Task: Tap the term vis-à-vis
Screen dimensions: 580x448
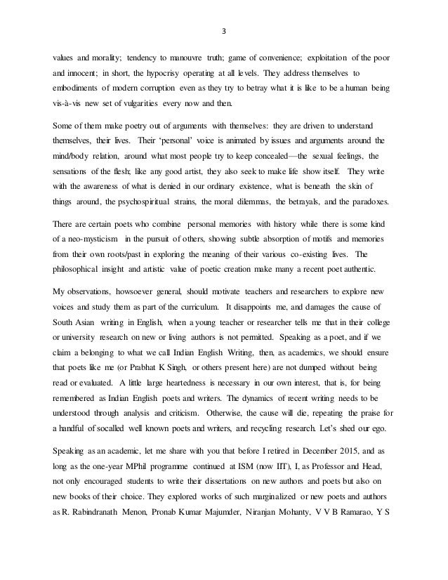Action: click(72, 108)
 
